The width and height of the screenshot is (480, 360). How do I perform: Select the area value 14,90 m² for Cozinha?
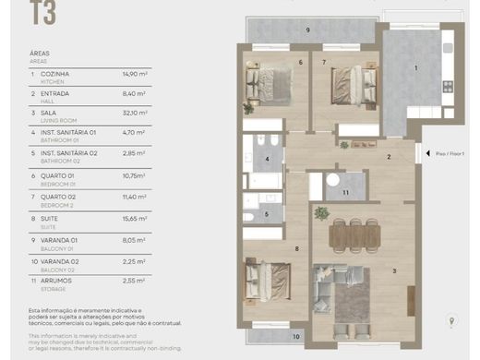tap(136, 73)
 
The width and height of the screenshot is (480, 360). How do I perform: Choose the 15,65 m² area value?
tap(136, 218)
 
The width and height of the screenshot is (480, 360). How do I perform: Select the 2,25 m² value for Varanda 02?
tap(135, 258)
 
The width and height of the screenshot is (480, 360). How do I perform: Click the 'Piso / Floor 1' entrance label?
tap(450, 154)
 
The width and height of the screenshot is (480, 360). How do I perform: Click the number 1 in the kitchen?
tap(415, 67)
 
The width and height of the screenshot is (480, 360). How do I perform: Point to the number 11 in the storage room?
tap(344, 192)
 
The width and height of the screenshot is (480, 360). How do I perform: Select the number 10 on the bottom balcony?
tap(295, 337)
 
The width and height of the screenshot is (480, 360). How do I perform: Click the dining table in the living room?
tap(354, 235)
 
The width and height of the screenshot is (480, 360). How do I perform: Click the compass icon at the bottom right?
tap(450, 321)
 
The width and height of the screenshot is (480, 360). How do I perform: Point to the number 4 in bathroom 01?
tap(267, 159)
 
